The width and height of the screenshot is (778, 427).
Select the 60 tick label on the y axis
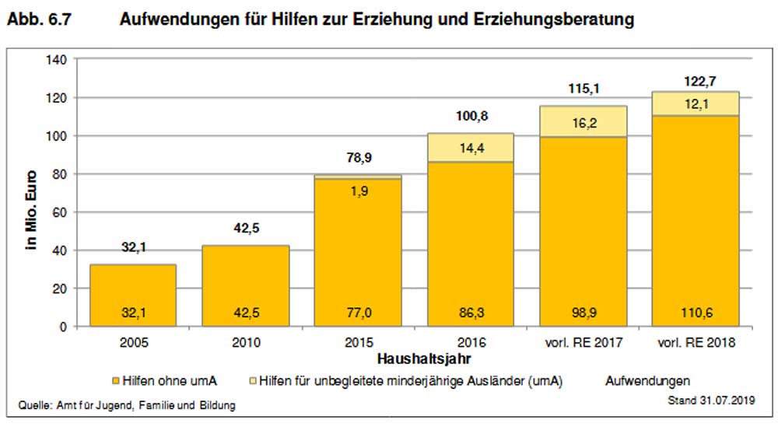(62, 212)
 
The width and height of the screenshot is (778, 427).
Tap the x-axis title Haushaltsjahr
(421, 360)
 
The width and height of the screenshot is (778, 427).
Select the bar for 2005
(133, 296)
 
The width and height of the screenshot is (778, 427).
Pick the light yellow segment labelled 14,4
(471, 147)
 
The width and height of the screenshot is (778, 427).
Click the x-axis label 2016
(471, 343)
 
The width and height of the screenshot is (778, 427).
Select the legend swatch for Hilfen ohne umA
(116, 381)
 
